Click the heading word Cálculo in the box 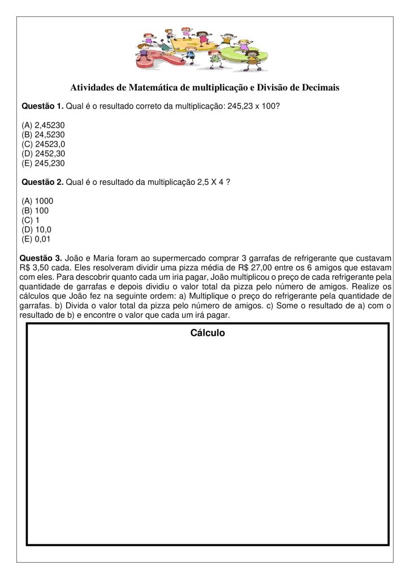(208, 333)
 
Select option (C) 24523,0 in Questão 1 (43, 144)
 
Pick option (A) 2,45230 (43, 125)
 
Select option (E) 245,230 (43, 163)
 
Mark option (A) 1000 (37, 201)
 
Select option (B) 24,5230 (43, 135)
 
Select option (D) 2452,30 (43, 154)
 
